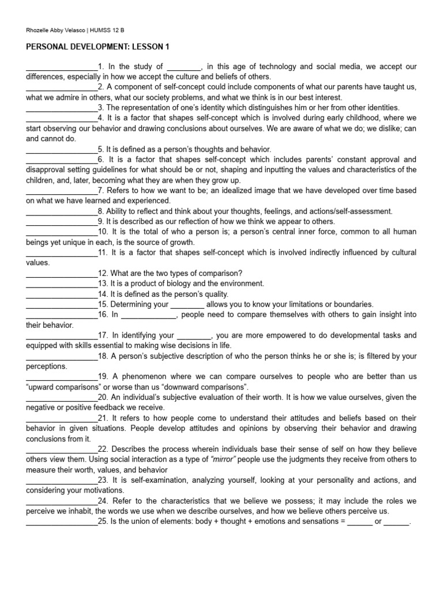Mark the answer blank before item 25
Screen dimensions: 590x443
coord(62,522)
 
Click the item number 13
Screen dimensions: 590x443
coord(103,283)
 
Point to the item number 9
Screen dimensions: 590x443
coord(100,221)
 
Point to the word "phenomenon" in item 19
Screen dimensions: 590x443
coord(144,377)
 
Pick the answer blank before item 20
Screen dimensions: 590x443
coord(62,398)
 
